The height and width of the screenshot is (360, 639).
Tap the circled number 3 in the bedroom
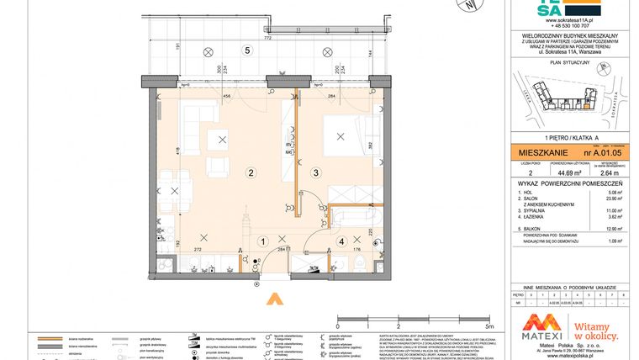(x=315, y=173)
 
